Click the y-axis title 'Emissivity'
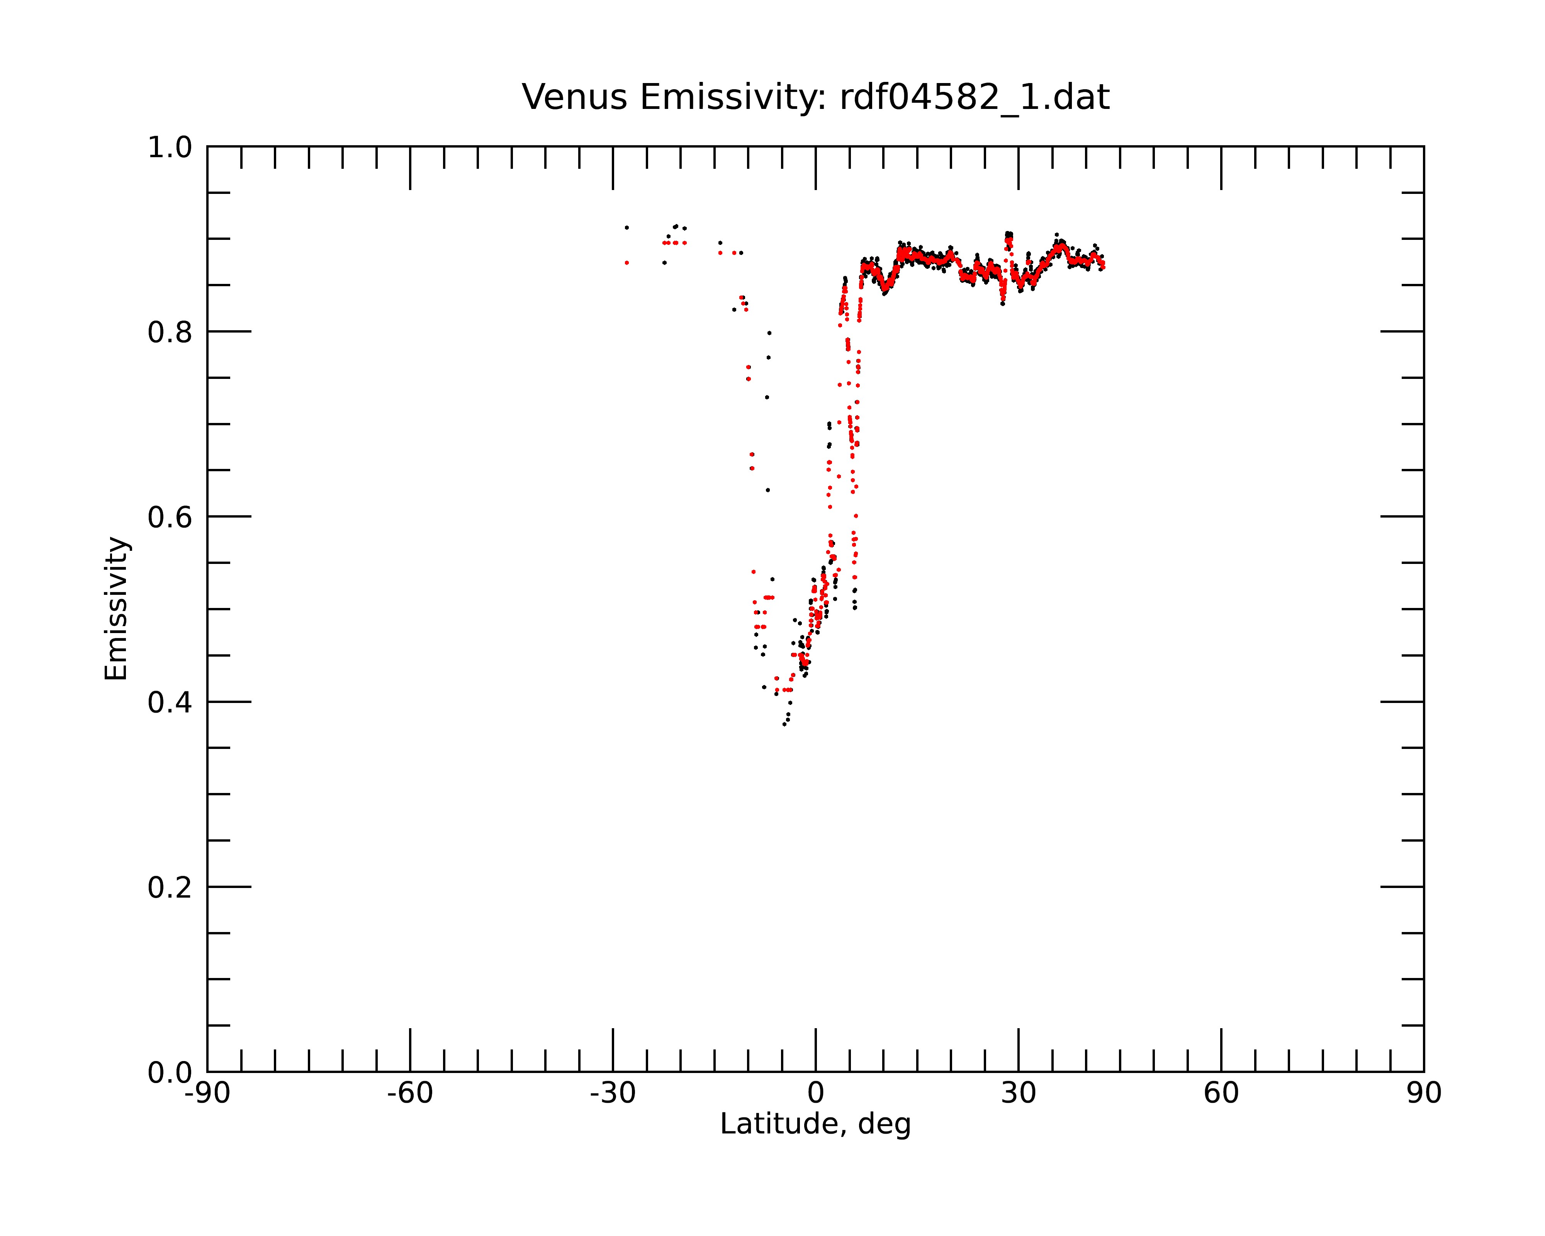[x=116, y=608]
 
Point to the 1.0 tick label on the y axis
[x=170, y=148]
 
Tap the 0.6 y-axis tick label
[x=170, y=517]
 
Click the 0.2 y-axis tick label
[x=170, y=888]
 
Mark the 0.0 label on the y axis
[x=170, y=1073]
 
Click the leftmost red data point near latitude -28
[x=626, y=263]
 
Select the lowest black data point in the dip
[x=784, y=724]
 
